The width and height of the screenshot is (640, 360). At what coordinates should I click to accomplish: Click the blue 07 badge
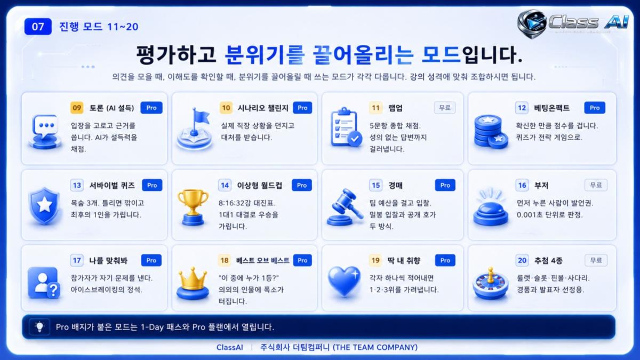[38, 27]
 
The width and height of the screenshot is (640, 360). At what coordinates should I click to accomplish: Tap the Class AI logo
[573, 23]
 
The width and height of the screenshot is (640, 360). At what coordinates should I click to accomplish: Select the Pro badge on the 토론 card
[151, 108]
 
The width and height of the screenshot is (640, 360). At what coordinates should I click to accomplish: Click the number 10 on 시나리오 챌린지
[226, 108]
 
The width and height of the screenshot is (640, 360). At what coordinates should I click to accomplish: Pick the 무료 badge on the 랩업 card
[445, 108]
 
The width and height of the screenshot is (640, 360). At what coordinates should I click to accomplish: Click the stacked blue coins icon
[491, 131]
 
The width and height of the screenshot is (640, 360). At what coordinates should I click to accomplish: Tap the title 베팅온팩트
[551, 108]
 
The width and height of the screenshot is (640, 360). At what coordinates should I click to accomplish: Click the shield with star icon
[45, 205]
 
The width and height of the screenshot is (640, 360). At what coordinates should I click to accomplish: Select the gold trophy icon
[193, 207]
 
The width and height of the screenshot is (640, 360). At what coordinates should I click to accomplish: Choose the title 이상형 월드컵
[259, 186]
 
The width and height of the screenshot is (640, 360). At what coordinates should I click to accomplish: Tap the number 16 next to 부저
[522, 186]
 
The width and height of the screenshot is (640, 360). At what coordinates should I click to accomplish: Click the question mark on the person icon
[53, 290]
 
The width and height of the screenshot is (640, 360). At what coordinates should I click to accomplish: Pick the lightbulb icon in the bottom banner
[39, 327]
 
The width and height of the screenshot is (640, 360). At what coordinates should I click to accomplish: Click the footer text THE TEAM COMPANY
[375, 347]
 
